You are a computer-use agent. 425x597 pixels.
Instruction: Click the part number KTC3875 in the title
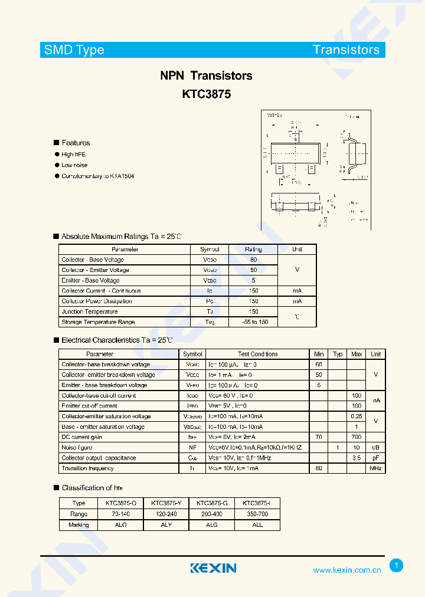pyautogui.click(x=206, y=94)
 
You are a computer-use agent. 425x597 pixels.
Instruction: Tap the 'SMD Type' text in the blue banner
pyautogui.click(x=74, y=50)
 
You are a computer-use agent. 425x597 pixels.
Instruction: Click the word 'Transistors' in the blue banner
pyautogui.click(x=346, y=50)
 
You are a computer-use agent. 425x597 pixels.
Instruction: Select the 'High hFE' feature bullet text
pyautogui.click(x=74, y=155)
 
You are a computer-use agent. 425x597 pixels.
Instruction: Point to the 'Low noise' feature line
pyautogui.click(x=74, y=165)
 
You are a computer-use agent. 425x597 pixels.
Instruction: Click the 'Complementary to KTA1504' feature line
pyautogui.click(x=97, y=176)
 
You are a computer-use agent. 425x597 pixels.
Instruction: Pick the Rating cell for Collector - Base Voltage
pyautogui.click(x=253, y=260)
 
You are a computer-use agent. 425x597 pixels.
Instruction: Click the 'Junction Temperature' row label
pyautogui.click(x=90, y=311)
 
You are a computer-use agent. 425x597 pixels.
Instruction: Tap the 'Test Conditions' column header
pyautogui.click(x=257, y=354)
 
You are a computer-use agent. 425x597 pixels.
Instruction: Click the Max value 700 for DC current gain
pyautogui.click(x=356, y=437)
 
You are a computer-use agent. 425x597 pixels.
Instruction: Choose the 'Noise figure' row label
pyautogui.click(x=77, y=448)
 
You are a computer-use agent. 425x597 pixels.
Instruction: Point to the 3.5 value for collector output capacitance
pyautogui.click(x=356, y=458)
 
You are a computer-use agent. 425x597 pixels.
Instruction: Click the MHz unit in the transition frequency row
pyautogui.click(x=375, y=468)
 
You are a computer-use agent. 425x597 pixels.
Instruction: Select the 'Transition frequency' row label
pyautogui.click(x=87, y=468)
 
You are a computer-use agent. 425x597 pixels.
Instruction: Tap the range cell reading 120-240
pyautogui.click(x=166, y=514)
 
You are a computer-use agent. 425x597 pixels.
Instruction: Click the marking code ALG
pyautogui.click(x=211, y=525)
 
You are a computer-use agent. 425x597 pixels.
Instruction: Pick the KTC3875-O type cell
pyautogui.click(x=121, y=503)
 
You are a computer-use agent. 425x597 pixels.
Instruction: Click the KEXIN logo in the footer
pyautogui.click(x=213, y=568)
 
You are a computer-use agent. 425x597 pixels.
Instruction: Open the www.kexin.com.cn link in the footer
pyautogui.click(x=346, y=570)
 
